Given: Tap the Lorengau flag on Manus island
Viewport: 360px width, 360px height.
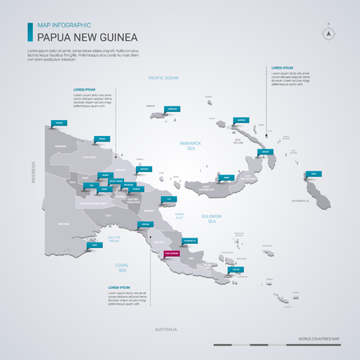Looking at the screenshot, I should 173,109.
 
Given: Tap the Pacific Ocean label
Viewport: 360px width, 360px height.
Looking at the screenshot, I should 163,77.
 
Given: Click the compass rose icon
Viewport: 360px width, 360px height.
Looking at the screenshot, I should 327,34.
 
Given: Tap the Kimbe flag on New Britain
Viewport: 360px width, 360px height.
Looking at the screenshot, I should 227,174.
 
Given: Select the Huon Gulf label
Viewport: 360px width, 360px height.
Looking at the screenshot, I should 180,215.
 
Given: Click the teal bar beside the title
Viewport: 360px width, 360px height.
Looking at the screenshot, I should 30,31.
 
